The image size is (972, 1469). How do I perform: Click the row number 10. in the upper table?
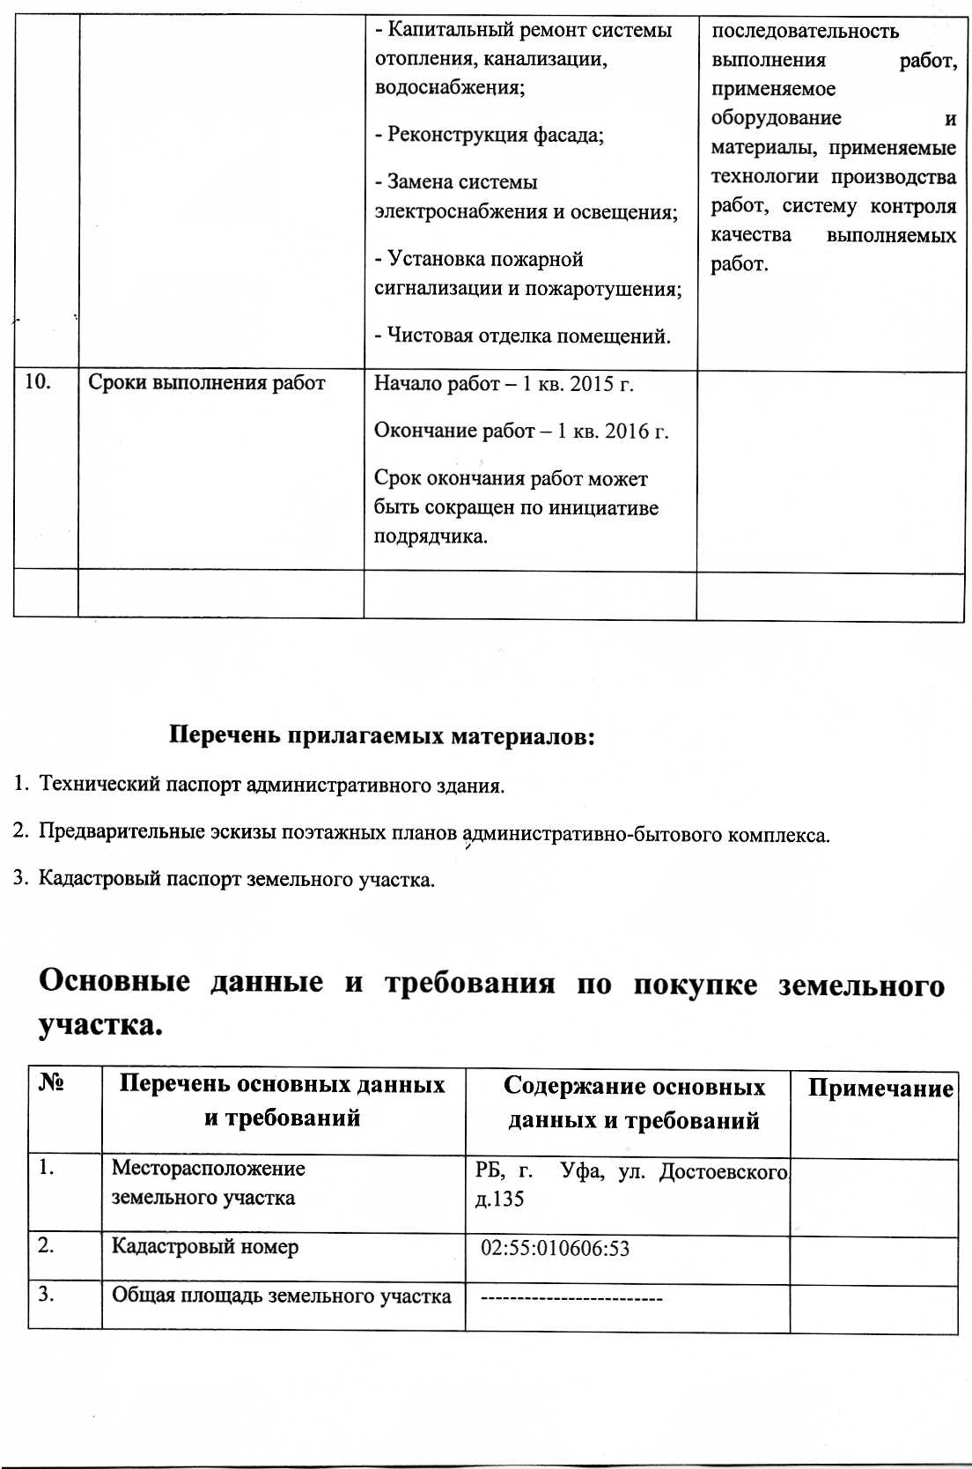click(x=37, y=381)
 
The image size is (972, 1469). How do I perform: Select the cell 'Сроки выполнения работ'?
click(x=207, y=383)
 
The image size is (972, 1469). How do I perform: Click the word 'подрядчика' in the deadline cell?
click(x=429, y=536)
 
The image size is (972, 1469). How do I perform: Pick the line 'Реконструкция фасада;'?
click(x=490, y=135)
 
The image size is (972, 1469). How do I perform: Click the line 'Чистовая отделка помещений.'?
click(x=523, y=336)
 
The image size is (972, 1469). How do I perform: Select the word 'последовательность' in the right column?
click(x=805, y=31)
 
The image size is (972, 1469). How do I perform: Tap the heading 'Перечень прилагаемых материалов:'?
click(x=382, y=734)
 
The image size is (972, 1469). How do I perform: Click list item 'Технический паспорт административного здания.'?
click(x=271, y=785)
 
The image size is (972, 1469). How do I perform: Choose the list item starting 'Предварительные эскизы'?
click(x=433, y=833)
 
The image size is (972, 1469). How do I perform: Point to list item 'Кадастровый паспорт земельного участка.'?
click(x=236, y=879)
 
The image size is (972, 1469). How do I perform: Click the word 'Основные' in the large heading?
click(x=114, y=980)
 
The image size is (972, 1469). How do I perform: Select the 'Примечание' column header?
click(x=880, y=1089)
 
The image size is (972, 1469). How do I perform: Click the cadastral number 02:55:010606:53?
click(x=555, y=1248)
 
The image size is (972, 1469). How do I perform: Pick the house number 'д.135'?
click(x=499, y=1199)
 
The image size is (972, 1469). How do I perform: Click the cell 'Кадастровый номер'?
click(x=205, y=1247)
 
